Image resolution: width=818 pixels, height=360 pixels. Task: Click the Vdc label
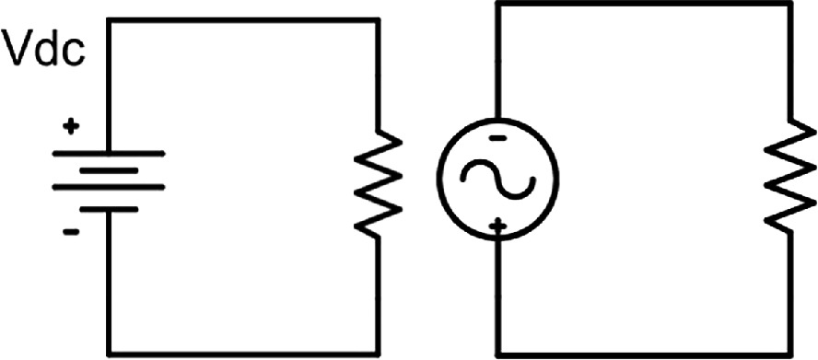[44, 48]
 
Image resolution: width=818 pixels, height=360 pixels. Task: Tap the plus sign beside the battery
[72, 126]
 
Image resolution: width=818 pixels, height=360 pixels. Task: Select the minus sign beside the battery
[71, 232]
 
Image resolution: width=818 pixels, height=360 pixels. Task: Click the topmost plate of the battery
[109, 154]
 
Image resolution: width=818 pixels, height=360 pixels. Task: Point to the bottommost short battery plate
[109, 209]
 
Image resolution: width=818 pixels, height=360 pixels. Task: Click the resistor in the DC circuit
[379, 182]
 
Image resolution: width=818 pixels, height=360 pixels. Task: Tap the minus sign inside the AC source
[498, 138]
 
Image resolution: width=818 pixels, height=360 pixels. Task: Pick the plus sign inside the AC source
[498, 226]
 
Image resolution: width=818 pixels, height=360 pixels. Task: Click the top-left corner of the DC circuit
[109, 20]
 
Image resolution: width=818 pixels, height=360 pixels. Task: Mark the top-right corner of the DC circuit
[378, 20]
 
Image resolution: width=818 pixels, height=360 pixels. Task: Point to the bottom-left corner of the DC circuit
[109, 354]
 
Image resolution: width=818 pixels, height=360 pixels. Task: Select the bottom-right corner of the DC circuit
[378, 354]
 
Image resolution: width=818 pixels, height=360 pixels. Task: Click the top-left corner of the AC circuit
[498, 4]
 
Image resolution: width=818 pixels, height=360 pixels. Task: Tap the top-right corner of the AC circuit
[790, 4]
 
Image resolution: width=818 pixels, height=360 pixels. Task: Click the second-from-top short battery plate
[109, 170]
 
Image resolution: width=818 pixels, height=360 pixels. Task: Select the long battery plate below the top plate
[109, 187]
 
